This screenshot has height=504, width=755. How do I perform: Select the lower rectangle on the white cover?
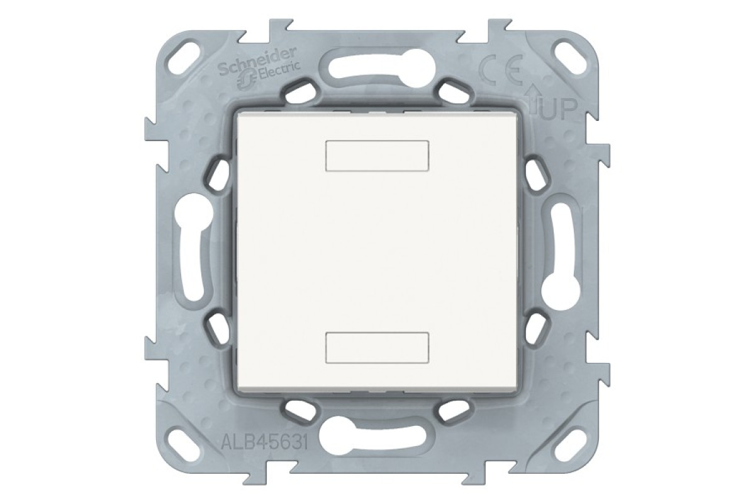(378, 348)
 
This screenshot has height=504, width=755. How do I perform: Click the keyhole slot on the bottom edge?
(377, 436)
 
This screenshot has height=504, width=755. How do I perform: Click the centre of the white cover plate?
(378, 252)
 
